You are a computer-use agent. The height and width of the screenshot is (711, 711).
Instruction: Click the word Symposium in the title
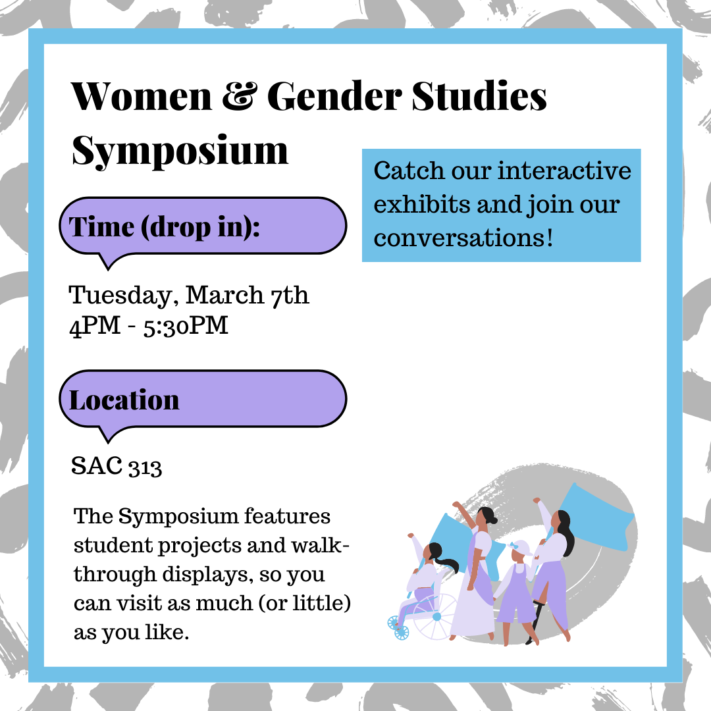[180, 151]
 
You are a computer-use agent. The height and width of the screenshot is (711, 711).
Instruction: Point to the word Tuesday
[120, 296]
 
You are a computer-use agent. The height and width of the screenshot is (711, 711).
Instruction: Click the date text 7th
[290, 295]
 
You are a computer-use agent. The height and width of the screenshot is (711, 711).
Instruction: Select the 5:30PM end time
[186, 326]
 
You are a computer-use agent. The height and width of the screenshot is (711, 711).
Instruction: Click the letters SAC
[97, 465]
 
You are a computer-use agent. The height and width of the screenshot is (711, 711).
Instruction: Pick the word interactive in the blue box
[565, 171]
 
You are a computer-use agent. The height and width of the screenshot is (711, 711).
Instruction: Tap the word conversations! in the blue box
[463, 238]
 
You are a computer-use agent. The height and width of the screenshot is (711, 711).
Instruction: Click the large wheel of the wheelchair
[434, 617]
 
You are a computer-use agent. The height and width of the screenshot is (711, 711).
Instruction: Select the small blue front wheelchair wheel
[402, 632]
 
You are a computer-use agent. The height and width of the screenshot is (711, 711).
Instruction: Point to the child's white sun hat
[519, 548]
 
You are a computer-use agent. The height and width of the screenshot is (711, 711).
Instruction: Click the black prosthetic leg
[535, 621]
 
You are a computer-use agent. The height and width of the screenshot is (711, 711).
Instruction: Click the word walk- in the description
[320, 545]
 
